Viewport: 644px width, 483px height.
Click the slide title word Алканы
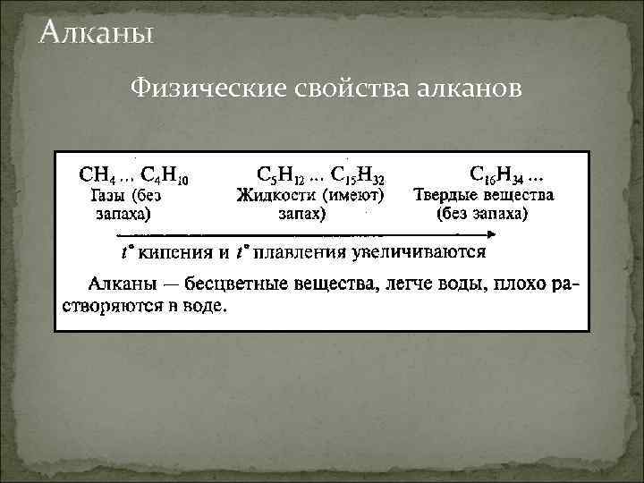click(97, 34)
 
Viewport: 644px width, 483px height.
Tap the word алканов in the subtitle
click(466, 89)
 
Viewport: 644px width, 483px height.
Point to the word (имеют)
click(353, 194)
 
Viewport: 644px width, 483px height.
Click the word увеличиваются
click(419, 252)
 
